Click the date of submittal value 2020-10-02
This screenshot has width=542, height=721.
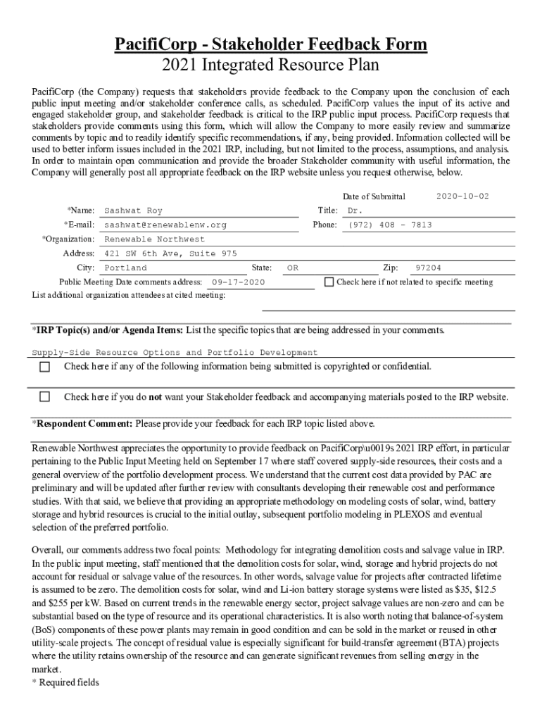click(x=462, y=196)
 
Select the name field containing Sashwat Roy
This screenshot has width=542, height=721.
click(x=133, y=211)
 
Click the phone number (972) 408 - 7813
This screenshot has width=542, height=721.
click(x=389, y=225)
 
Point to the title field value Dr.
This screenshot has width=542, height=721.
click(x=355, y=211)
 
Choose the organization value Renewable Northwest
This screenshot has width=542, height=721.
click(x=154, y=239)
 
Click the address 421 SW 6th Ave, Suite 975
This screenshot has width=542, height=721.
click(x=170, y=253)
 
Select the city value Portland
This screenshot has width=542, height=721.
click(x=125, y=268)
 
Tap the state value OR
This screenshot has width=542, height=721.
click(x=293, y=268)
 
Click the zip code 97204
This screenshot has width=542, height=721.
click(x=428, y=268)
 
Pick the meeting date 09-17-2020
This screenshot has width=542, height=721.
click(x=238, y=282)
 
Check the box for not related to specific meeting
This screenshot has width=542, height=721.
click(x=329, y=282)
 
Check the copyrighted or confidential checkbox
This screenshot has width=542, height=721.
click(x=44, y=367)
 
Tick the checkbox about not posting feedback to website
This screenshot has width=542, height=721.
click(x=44, y=396)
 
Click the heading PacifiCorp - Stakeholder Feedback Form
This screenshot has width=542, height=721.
click(x=271, y=44)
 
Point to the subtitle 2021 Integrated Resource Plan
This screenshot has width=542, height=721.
click(x=271, y=65)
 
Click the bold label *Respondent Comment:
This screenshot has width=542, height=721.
click(x=82, y=424)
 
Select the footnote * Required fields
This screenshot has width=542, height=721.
click(x=65, y=682)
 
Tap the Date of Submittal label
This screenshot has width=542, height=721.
click(x=374, y=196)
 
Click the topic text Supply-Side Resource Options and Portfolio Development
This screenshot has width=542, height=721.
click(x=175, y=352)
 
